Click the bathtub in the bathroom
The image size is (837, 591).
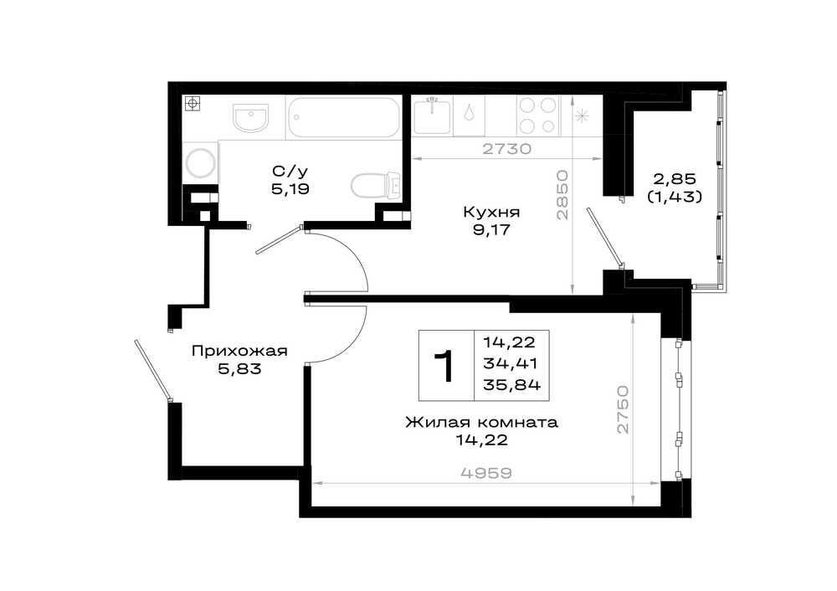(344, 117)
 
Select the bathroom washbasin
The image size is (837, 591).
(250, 117)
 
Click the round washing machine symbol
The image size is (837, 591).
(200, 162)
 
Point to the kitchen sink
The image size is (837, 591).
(432, 116)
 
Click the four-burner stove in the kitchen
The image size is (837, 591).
(538, 116)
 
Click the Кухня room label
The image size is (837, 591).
(491, 213)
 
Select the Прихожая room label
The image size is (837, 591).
(239, 352)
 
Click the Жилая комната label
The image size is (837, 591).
(481, 423)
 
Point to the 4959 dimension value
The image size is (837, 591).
(485, 473)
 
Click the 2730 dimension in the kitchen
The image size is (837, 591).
(507, 149)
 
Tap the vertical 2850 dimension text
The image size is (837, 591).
(562, 195)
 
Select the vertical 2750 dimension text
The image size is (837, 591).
(623, 410)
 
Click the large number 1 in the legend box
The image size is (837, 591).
(444, 367)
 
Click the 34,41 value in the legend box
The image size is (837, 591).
(510, 363)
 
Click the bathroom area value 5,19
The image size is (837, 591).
(290, 189)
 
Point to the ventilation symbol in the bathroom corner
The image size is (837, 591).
(193, 104)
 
